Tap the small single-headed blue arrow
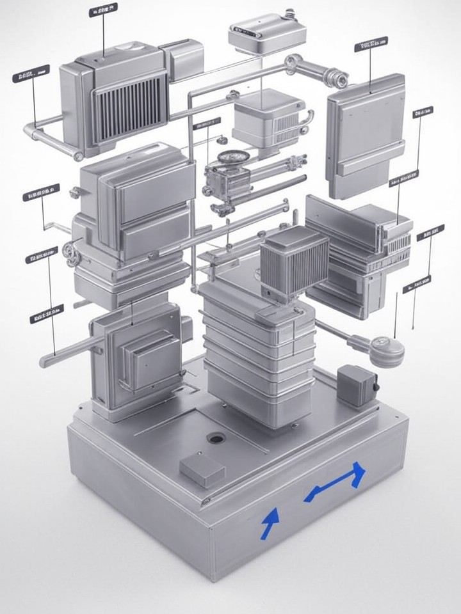[x=270, y=521]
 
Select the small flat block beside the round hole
[x=202, y=470]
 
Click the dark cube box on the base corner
[x=357, y=385]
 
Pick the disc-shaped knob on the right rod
[x=387, y=350]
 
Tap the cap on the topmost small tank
[x=289, y=13]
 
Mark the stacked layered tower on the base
[x=256, y=358]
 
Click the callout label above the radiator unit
[x=102, y=10]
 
